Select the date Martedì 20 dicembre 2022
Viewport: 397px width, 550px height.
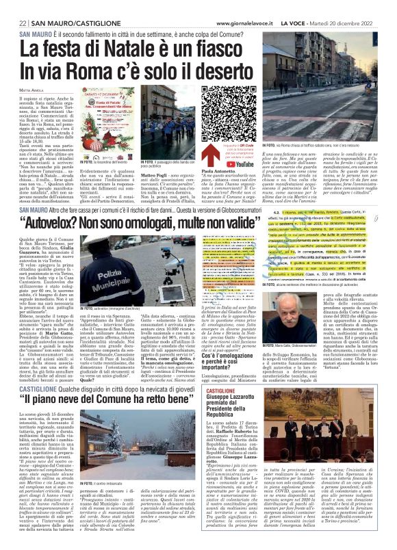[354, 24]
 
